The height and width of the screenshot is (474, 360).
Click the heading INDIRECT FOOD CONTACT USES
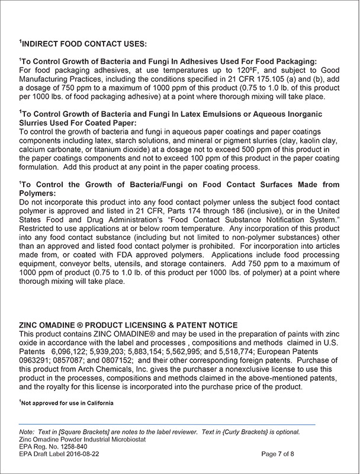click(83, 44)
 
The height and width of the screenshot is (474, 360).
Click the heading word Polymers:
click(38, 193)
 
